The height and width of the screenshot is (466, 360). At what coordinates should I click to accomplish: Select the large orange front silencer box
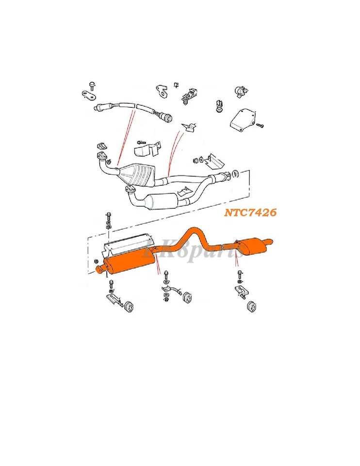[x=130, y=262]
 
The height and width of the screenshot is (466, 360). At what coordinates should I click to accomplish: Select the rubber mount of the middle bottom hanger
[x=185, y=297]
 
